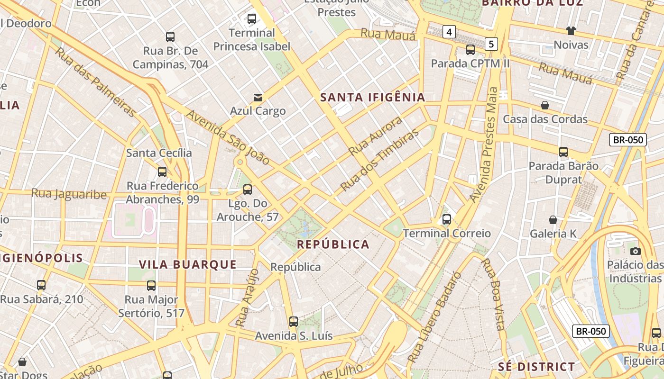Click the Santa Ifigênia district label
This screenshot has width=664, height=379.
click(x=373, y=98)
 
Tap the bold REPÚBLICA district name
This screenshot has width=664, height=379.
click(x=333, y=244)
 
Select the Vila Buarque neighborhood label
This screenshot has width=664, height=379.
click(x=188, y=264)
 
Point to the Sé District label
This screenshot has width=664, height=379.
click(x=536, y=367)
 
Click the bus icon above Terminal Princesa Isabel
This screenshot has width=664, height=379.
click(x=252, y=19)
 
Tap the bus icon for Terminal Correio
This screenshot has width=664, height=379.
click(x=447, y=219)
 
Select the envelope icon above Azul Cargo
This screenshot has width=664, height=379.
click(x=258, y=97)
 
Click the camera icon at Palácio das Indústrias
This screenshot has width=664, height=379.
click(x=636, y=251)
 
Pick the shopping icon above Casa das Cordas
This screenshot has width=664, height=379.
click(x=545, y=105)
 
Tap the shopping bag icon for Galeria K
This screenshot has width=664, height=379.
click(x=553, y=220)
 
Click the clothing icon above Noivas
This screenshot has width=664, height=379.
click(x=571, y=31)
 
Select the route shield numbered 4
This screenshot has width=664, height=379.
click(x=449, y=32)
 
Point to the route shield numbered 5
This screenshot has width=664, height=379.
click(x=491, y=45)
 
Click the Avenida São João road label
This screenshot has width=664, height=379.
click(x=228, y=137)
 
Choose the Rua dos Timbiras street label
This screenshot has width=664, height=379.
click(x=380, y=160)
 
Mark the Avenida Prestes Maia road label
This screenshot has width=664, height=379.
click(x=484, y=144)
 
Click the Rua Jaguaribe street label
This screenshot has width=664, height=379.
click(x=69, y=194)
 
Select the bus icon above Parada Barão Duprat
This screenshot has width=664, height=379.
click(x=563, y=152)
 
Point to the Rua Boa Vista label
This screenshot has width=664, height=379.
click(x=493, y=294)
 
